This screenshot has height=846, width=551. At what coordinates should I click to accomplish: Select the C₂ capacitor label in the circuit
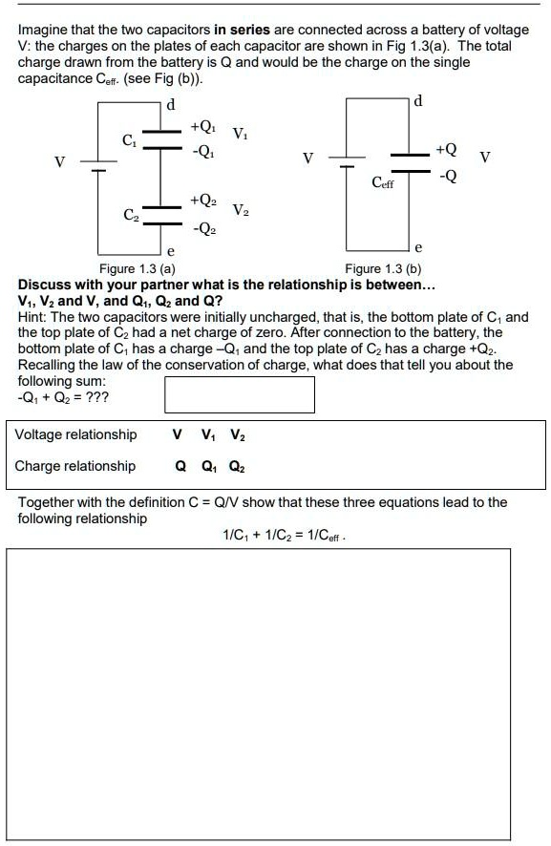130,215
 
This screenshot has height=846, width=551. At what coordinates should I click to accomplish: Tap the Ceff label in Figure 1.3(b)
383,181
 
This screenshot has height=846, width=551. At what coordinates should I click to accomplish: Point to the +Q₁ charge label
202,126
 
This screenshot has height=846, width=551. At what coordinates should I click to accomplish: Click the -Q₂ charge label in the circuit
202,230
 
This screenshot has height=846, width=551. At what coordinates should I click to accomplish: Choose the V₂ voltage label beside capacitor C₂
243,211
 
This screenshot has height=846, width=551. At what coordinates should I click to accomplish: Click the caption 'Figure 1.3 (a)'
138,269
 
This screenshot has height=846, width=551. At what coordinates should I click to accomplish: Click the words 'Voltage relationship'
76,435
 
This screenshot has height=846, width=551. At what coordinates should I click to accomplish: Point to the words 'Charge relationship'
74,466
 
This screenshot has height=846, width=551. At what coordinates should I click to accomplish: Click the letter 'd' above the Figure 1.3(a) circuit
170,105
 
